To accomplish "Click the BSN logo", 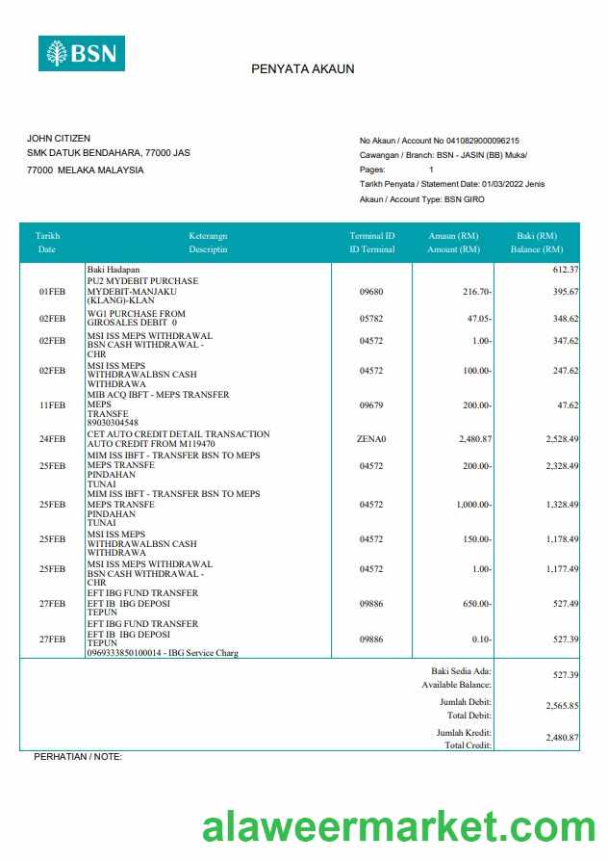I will (82, 53).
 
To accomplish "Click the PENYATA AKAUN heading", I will (303, 69).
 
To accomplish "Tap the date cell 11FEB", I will (52, 406).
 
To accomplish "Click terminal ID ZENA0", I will (371, 439).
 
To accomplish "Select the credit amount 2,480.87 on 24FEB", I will (471, 439).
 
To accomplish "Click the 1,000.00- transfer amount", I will (472, 505).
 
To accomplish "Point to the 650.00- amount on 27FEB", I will (477, 604).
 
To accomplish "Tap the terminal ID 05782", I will (371, 318).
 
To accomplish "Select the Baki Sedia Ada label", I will (461, 670).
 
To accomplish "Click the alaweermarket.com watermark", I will (398, 828).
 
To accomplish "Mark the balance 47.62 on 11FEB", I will (565, 406).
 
